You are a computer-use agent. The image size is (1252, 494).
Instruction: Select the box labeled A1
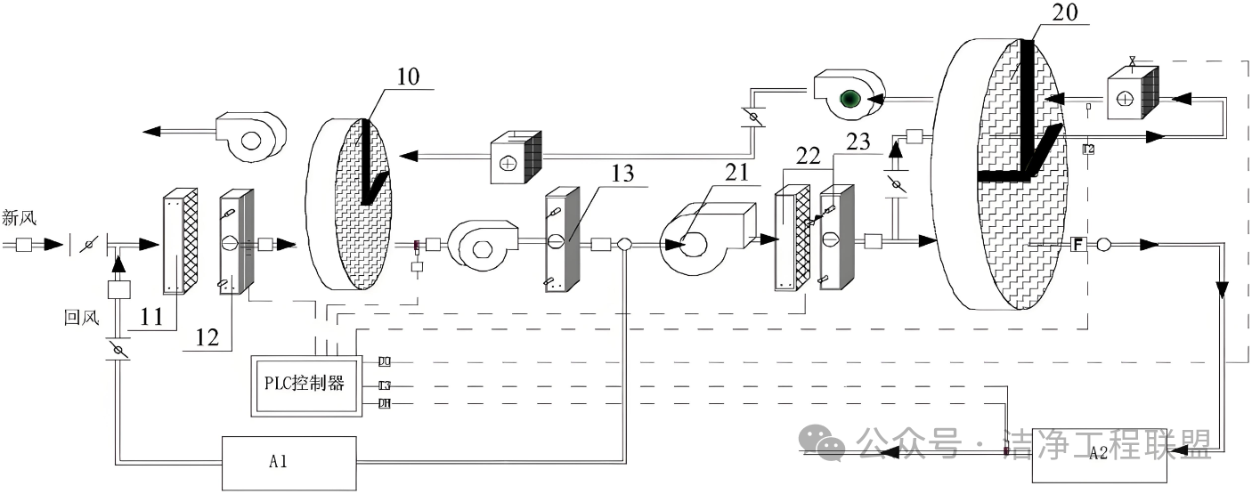[277, 462]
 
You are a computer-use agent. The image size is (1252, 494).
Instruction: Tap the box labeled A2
[1098, 454]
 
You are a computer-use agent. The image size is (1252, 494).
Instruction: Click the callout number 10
[408, 76]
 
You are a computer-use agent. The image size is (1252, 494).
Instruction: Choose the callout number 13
[623, 174]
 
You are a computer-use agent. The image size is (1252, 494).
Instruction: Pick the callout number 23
[856, 141]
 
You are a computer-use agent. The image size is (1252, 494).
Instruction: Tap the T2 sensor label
[1088, 149]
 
